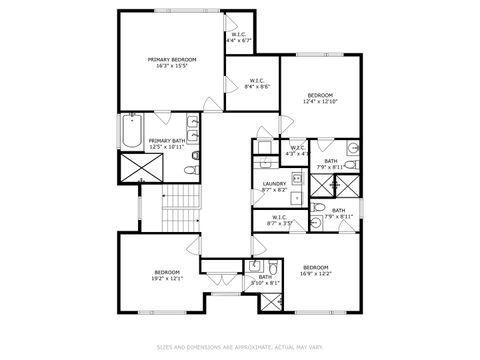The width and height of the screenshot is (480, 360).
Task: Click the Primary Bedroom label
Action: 172,63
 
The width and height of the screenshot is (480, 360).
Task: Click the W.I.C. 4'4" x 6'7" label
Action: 240,38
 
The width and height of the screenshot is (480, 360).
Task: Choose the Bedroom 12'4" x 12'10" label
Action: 321,98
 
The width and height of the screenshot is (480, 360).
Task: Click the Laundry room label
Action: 275,186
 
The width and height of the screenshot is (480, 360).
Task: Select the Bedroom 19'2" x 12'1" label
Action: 167,275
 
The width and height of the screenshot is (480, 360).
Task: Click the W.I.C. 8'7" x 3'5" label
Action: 278,220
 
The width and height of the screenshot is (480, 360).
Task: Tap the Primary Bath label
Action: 166,144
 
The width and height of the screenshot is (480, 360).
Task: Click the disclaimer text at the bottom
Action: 240,347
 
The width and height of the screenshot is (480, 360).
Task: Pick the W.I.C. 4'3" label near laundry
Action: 297,152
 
